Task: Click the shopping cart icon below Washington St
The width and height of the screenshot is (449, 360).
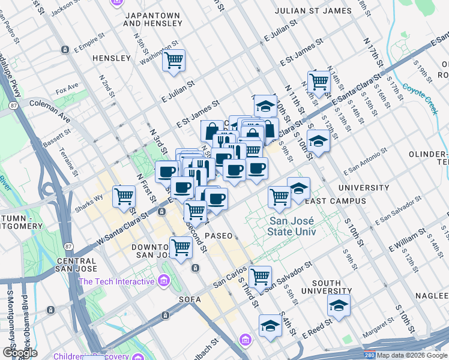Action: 173,60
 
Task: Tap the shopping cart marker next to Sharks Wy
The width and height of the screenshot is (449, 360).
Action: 124,196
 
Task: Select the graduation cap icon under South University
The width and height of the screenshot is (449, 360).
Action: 339,305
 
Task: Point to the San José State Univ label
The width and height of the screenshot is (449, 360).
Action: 296,226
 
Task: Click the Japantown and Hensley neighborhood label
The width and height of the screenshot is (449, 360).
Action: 152,19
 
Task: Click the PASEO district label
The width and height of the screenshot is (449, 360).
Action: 218,236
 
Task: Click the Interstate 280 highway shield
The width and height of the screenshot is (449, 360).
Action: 370,355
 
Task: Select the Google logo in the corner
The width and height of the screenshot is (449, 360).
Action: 20,352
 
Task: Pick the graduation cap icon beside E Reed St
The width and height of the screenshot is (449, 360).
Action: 270,326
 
